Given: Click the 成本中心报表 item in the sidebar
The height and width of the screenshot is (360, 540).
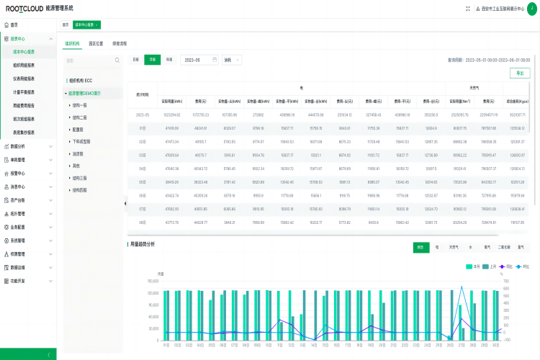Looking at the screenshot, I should pyautogui.click(x=24, y=51).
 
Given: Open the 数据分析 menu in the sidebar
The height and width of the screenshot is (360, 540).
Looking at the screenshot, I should pyautogui.click(x=19, y=146).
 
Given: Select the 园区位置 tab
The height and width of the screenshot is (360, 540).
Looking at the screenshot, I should pyautogui.click(x=96, y=43).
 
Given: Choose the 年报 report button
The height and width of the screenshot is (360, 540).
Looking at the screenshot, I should pyautogui.click(x=169, y=60).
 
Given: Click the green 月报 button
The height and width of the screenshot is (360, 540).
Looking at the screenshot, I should pyautogui.click(x=152, y=60).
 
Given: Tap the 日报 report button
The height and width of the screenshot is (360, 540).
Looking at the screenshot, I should pyautogui.click(x=136, y=60).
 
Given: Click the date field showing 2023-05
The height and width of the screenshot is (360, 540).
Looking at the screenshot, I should pyautogui.click(x=199, y=60).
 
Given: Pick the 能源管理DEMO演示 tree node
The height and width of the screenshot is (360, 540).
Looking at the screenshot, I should pyautogui.click(x=84, y=93).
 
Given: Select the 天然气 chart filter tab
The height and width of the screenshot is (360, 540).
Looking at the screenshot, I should pyautogui.click(x=454, y=247).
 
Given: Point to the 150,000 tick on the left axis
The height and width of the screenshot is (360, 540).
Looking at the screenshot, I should pyautogui.click(x=153, y=281).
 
